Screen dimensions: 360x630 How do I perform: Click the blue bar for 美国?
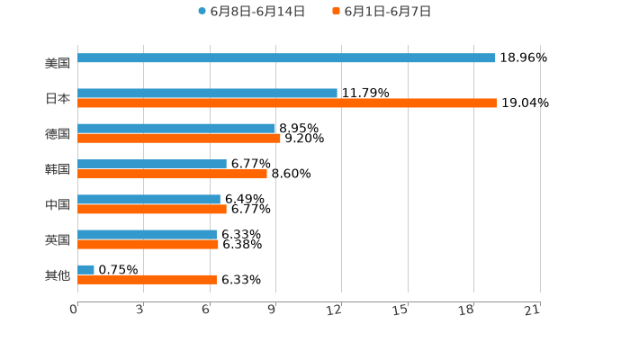[x=286, y=58]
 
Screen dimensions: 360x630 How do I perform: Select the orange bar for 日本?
[x=287, y=103]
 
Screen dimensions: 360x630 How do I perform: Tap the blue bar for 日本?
[x=207, y=93]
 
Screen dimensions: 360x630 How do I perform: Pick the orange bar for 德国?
[x=179, y=138]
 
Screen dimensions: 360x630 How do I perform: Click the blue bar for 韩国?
[x=152, y=164]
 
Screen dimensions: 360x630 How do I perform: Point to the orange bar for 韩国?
[x=172, y=174]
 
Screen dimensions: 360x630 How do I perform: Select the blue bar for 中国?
[x=148, y=199]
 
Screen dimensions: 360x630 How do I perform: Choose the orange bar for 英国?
[x=148, y=244]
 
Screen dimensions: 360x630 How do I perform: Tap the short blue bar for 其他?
[x=85, y=269]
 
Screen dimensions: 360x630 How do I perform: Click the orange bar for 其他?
[x=147, y=279]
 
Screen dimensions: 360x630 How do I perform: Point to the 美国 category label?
[x=58, y=63]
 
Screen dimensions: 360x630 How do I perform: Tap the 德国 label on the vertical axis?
[x=58, y=133]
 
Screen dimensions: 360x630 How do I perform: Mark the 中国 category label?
[x=58, y=204]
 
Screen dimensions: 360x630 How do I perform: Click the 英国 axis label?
[x=58, y=239]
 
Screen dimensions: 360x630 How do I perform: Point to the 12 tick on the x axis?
[x=334, y=310]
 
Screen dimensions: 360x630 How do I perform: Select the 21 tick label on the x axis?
[x=532, y=310]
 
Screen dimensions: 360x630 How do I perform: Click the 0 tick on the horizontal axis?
[x=74, y=310]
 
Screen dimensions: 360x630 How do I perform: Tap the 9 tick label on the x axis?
[x=271, y=310]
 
